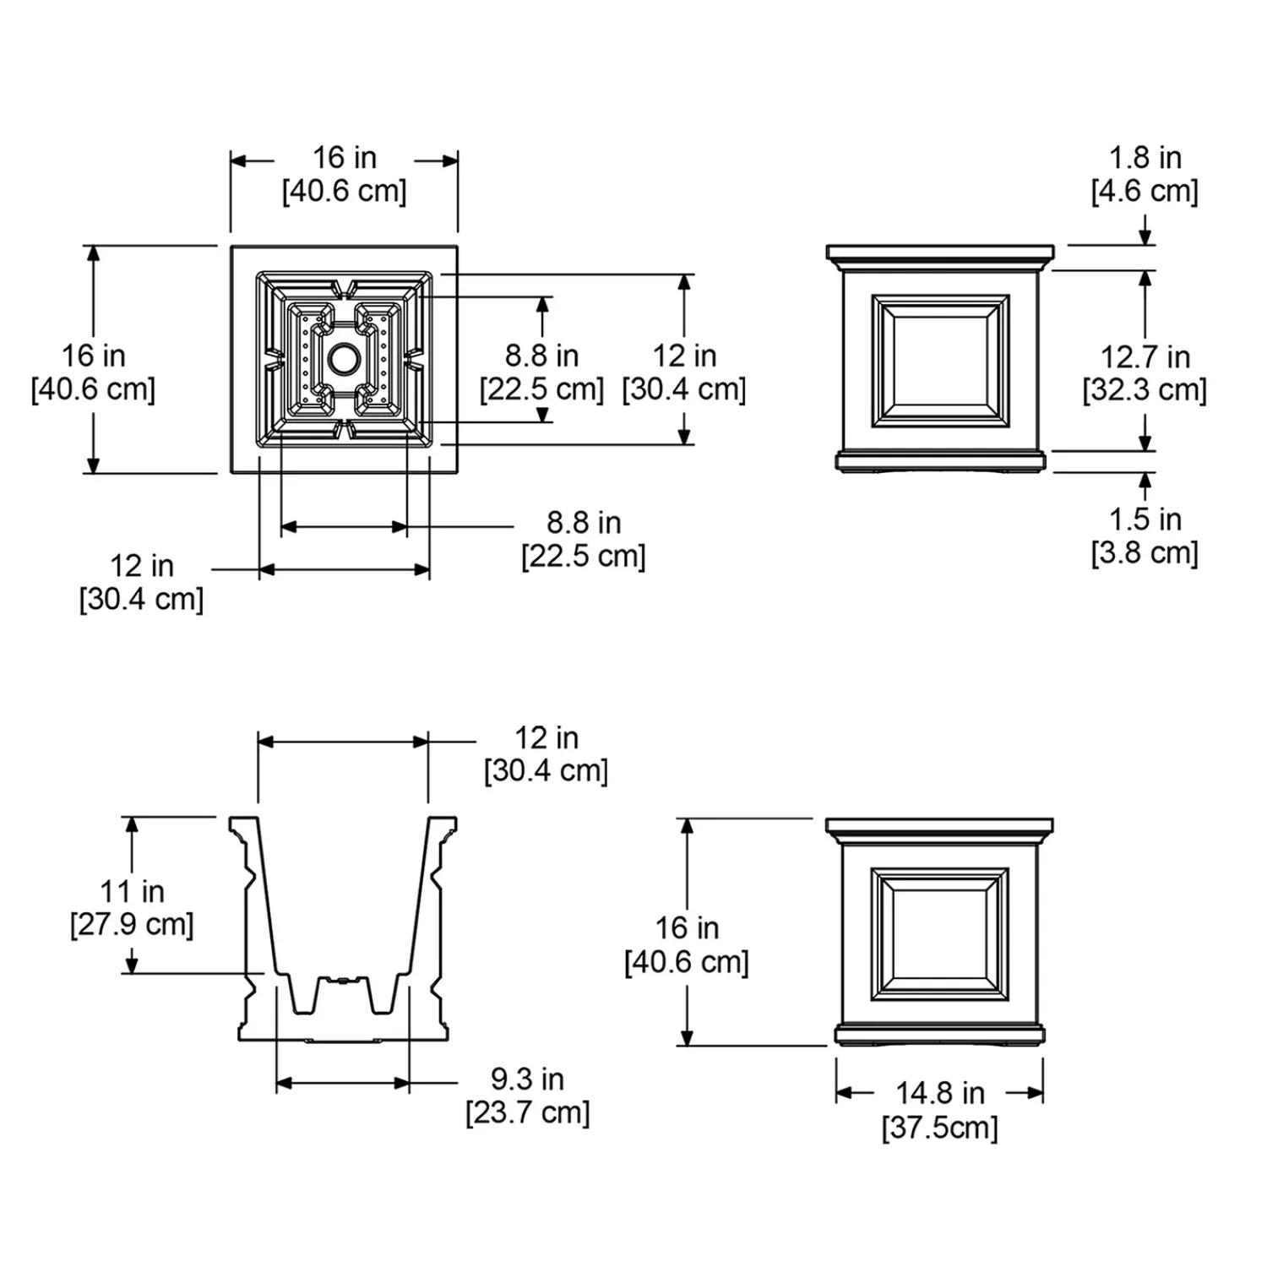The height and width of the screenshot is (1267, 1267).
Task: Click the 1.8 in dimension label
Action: [x=1145, y=158]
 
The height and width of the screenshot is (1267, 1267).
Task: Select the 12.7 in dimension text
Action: [x=1145, y=357]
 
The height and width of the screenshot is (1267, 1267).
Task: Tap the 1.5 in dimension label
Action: [x=1145, y=519]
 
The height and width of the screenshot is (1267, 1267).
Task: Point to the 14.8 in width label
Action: [x=940, y=1093]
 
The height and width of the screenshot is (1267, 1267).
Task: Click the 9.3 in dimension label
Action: [x=528, y=1079]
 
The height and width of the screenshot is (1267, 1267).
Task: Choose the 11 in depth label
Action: [x=132, y=891]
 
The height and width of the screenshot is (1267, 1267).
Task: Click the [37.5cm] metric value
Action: [x=940, y=1128]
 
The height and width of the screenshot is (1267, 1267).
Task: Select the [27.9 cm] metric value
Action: [x=132, y=924]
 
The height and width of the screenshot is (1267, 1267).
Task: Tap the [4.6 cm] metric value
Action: [x=1145, y=191]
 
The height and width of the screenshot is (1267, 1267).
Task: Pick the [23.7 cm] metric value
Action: [x=528, y=1112]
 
